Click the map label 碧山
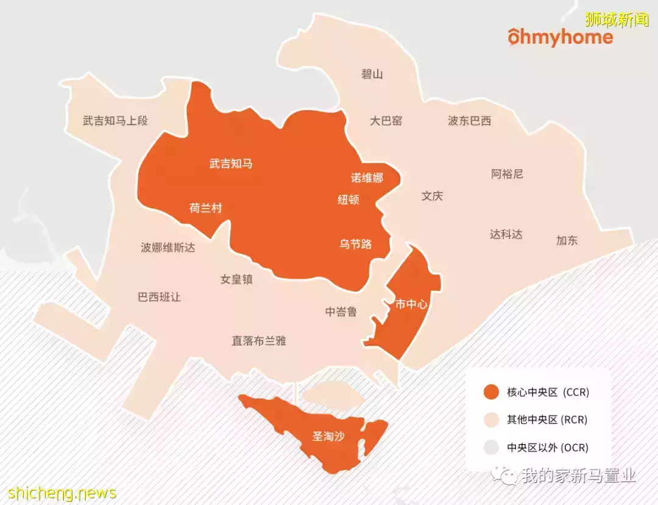(372, 74)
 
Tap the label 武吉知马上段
(115, 121)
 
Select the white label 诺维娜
(367, 178)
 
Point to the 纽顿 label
(348, 199)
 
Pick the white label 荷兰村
(205, 209)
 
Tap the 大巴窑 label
(386, 121)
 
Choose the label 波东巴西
(469, 121)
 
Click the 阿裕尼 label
(507, 174)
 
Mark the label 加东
(567, 240)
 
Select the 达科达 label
(506, 234)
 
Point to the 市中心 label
(411, 304)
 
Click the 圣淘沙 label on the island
(328, 437)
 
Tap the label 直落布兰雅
(258, 341)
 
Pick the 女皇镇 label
(236, 280)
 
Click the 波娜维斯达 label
(168, 248)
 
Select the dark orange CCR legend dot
(490, 392)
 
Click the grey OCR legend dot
(490, 448)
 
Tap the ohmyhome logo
(560, 38)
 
